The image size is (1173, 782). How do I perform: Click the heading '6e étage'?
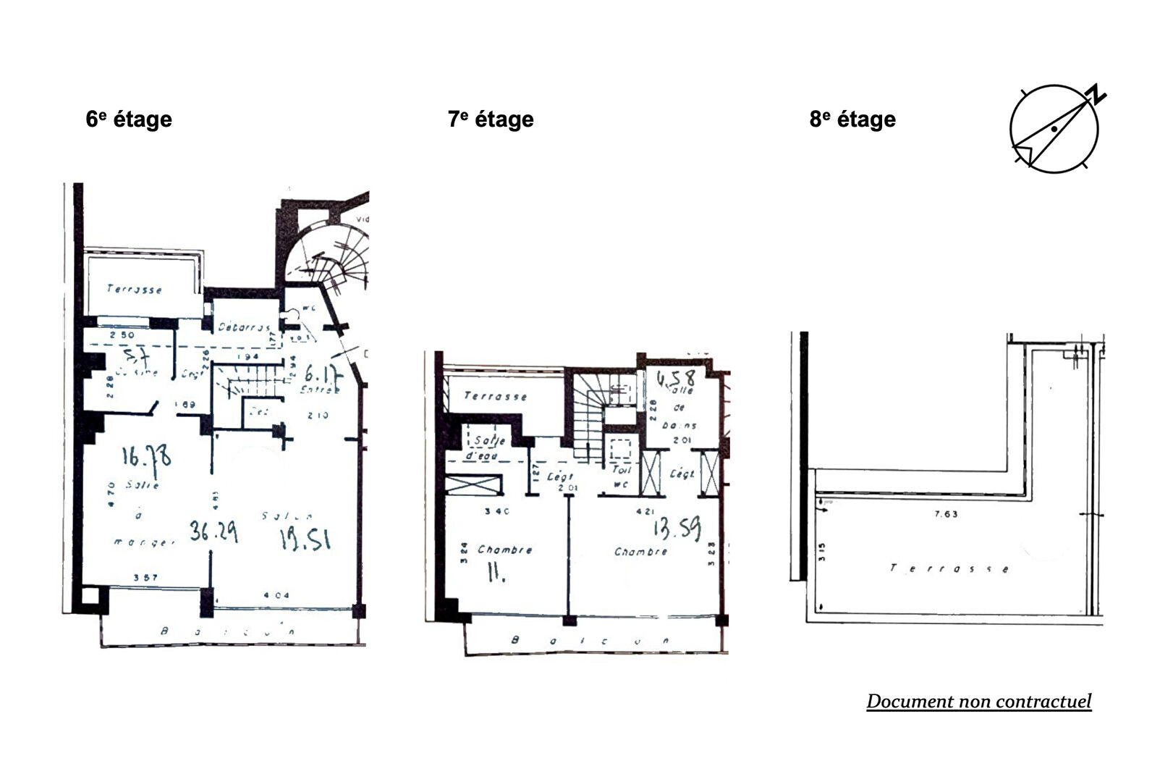point(129,119)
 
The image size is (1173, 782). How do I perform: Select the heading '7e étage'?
point(491,119)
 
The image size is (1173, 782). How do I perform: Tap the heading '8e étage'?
point(852,119)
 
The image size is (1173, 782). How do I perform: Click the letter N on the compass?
point(1097,95)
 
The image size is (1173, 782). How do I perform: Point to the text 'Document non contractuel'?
point(978,701)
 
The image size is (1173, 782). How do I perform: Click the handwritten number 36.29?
point(213,531)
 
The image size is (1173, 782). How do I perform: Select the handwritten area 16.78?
point(146,458)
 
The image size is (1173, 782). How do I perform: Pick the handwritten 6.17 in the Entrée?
point(321,374)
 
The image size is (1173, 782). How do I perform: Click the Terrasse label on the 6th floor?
point(135,289)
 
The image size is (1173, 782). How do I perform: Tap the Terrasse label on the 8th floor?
point(949,568)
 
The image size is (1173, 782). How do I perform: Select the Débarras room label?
point(245,327)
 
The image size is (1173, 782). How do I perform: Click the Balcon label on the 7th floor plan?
point(590,641)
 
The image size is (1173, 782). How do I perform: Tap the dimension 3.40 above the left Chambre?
point(497,511)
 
